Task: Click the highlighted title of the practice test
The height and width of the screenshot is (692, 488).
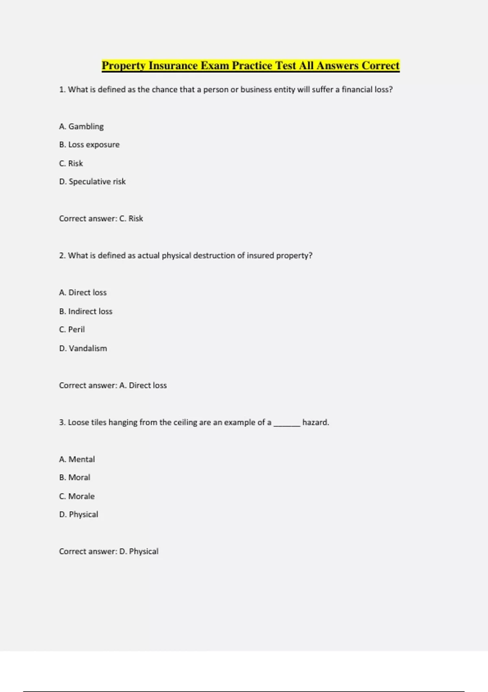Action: pos(251,66)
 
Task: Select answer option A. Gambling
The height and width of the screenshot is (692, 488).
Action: pos(81,127)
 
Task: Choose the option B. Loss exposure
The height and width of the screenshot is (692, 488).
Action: pos(89,145)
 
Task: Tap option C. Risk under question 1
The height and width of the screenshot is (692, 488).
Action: pos(71,163)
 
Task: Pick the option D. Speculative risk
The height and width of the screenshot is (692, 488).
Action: pos(92,182)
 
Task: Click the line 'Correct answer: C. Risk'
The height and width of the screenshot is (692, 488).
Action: pos(101,219)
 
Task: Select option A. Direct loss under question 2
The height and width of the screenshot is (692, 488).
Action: pos(83,293)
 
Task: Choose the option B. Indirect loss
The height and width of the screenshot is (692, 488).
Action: pos(85,311)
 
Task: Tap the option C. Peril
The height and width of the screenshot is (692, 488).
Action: pos(72,329)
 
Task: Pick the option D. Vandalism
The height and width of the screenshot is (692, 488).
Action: pos(83,348)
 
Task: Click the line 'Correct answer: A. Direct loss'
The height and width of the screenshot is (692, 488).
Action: pos(113,385)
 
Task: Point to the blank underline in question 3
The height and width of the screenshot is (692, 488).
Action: pos(287,424)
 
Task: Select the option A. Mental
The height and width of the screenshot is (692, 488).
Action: pos(77,459)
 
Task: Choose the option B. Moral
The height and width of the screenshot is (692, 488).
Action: pos(74,477)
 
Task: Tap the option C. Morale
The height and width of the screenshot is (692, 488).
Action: pos(77,496)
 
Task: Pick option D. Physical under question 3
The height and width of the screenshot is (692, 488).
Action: pos(78,515)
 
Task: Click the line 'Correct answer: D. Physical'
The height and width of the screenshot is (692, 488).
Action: pos(109,552)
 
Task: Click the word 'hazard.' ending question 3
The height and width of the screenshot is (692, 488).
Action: pos(316,423)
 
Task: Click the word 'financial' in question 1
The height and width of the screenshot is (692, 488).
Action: pos(357,90)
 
